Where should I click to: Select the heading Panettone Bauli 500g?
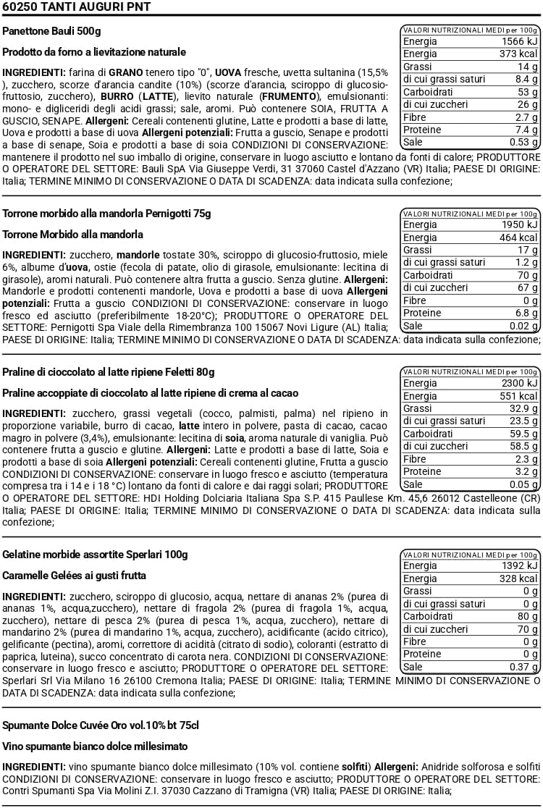52,32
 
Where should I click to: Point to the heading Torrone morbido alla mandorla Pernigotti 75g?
107,214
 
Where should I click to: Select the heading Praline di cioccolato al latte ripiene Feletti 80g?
109,372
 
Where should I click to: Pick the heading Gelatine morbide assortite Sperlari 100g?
95,555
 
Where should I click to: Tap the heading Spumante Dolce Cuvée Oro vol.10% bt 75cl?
101,725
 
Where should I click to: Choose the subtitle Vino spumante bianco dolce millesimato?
95,746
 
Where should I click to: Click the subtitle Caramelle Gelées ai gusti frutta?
75,576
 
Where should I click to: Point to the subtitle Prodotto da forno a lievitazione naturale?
94,52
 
